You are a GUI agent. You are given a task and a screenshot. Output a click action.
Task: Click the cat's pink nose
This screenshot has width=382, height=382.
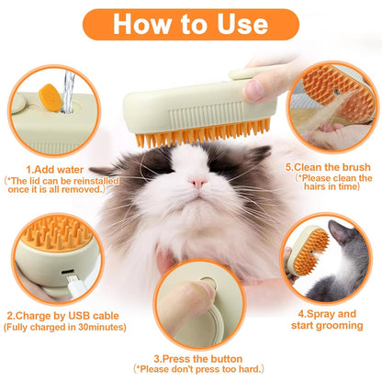(x=197, y=181)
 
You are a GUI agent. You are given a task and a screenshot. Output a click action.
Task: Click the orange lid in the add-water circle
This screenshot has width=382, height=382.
(x=50, y=94)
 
